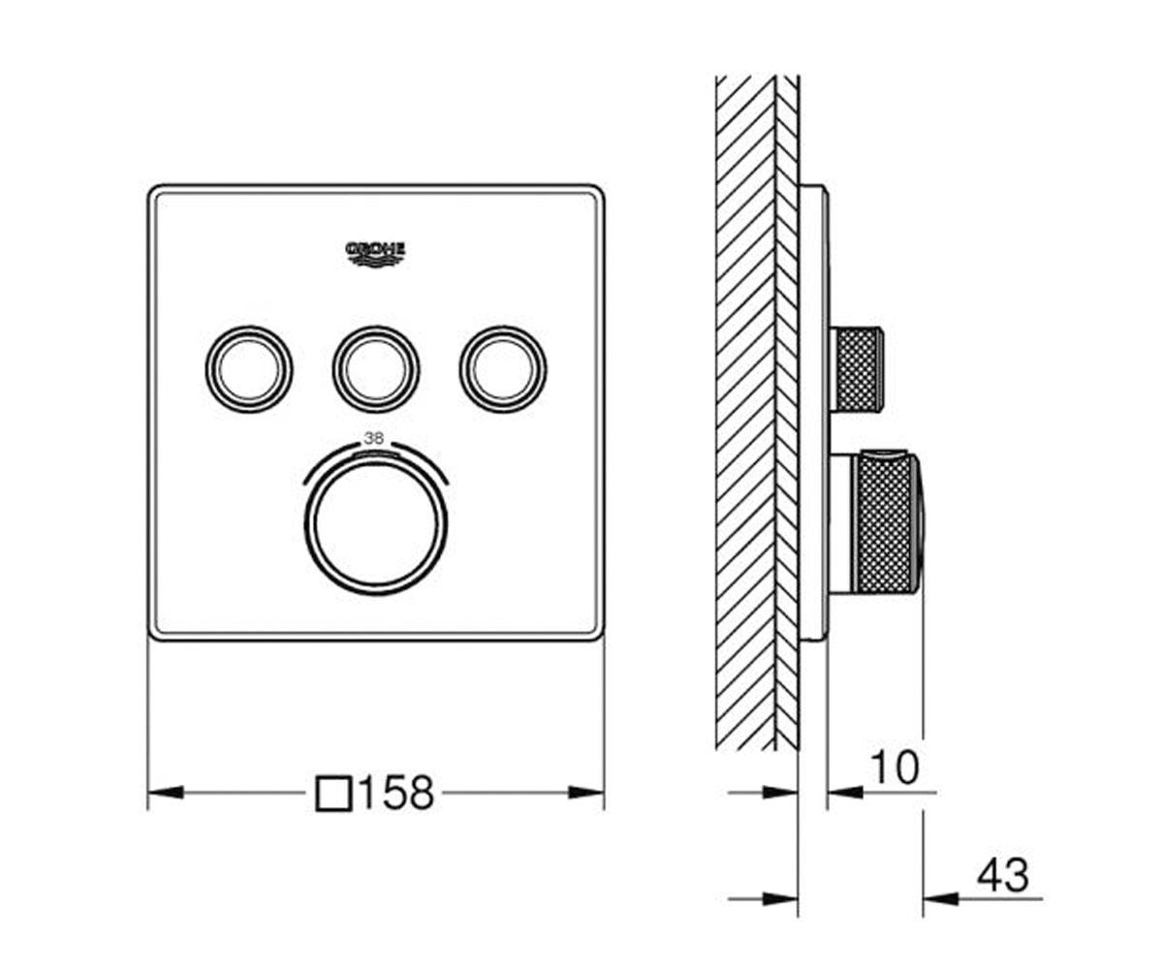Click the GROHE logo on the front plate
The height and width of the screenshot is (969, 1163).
pyautogui.click(x=376, y=254)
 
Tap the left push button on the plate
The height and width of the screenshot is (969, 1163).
pyautogui.click(x=249, y=368)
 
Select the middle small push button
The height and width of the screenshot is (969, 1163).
pyautogui.click(x=376, y=370)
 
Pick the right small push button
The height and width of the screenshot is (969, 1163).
pyautogui.click(x=503, y=370)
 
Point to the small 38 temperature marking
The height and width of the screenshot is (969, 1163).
pyautogui.click(x=374, y=438)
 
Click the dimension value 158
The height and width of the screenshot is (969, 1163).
pyautogui.click(x=397, y=793)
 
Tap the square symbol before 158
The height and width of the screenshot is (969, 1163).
pyautogui.click(x=333, y=794)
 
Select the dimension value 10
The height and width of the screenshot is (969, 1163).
pyautogui.click(x=894, y=767)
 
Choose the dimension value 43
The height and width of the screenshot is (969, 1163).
pyautogui.click(x=1003, y=876)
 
